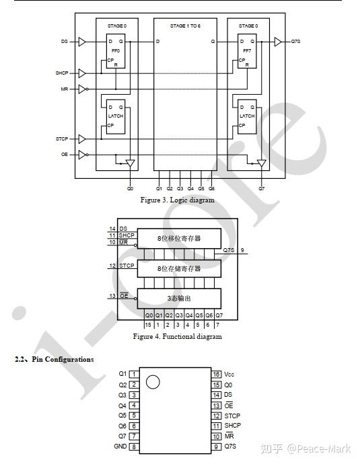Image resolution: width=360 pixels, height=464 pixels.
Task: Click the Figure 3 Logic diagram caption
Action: (177, 200)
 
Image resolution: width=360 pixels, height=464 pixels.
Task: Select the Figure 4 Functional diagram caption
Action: (177, 336)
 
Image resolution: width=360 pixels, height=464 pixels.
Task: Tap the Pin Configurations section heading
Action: (55, 360)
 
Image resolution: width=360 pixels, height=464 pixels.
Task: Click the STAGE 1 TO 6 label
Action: (185, 26)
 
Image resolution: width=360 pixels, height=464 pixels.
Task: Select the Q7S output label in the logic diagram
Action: (295, 42)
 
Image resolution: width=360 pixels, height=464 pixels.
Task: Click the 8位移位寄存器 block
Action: (179, 238)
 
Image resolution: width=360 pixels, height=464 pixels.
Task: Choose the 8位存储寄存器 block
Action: (179, 268)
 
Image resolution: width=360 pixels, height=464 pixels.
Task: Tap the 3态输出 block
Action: (179, 298)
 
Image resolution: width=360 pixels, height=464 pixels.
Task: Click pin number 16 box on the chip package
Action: (217, 374)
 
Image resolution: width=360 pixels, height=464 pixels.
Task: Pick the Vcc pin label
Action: (230, 374)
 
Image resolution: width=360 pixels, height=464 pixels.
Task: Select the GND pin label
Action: (120, 447)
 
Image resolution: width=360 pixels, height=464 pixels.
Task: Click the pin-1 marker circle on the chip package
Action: (153, 382)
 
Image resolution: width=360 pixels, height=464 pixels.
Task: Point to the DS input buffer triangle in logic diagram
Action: (82, 42)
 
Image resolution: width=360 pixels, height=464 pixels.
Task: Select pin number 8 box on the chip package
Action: (135, 447)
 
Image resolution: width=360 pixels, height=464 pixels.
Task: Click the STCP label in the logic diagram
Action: (62, 139)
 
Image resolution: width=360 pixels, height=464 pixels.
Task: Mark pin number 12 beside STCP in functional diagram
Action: (112, 266)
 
